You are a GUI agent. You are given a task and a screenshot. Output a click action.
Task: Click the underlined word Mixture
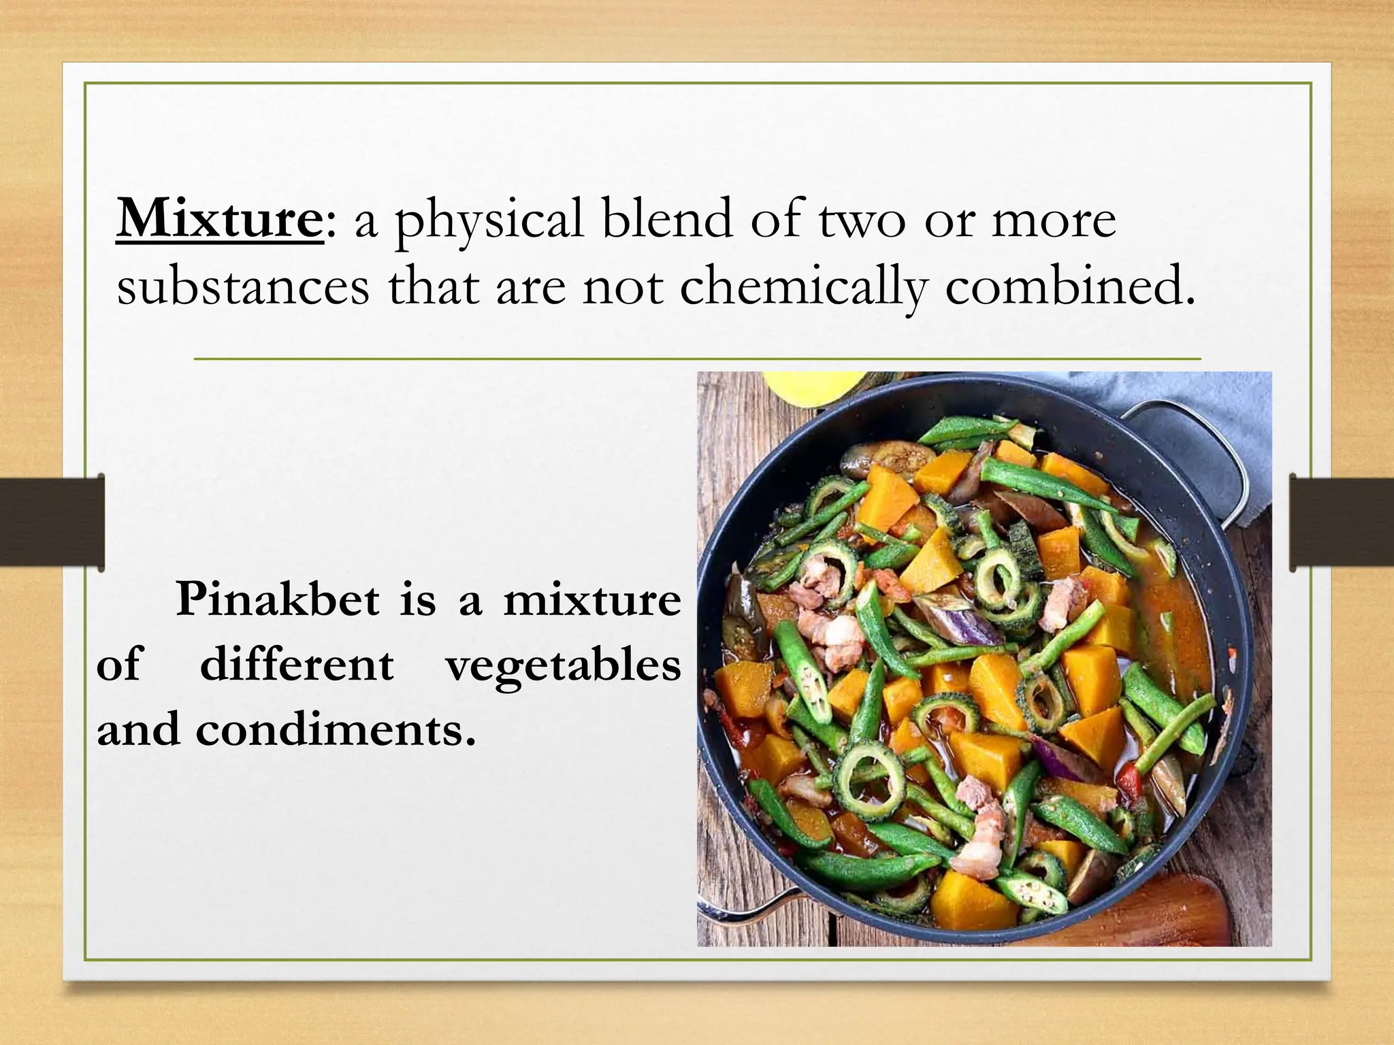219,218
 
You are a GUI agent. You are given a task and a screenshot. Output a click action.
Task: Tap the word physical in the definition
489,222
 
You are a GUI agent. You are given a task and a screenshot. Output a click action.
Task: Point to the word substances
243,286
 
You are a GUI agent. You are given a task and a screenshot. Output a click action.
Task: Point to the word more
1053,222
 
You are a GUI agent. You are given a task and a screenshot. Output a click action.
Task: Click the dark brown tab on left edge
52,522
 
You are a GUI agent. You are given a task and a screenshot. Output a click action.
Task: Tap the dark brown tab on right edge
1341,522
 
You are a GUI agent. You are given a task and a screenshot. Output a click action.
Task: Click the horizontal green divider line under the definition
697,359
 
